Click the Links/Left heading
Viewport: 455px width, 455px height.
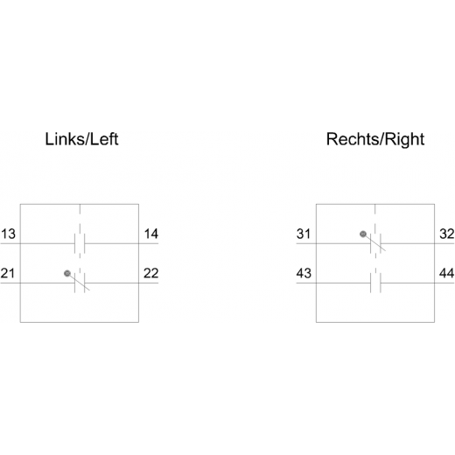[x=81, y=139]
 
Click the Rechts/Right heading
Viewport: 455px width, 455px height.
[x=375, y=140]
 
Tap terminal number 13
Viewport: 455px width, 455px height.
[x=8, y=234]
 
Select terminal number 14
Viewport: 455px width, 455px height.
[x=151, y=234]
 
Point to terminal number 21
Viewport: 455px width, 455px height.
[x=8, y=273]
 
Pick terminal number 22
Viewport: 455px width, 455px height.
[x=151, y=273]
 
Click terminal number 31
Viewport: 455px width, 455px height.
[x=304, y=234]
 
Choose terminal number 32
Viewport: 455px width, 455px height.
[x=447, y=234]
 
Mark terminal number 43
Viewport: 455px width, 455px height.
[x=304, y=273]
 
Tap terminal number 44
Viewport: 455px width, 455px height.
[x=447, y=273]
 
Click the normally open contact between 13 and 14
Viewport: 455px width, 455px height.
[x=80, y=243]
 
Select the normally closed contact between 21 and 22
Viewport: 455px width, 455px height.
[x=80, y=283]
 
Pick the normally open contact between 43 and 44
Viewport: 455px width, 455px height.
[x=375, y=283]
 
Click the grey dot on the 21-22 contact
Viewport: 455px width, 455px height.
[x=67, y=273]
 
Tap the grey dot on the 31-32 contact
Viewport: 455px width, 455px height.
[x=363, y=234]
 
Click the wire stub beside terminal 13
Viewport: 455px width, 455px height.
[x=10, y=243]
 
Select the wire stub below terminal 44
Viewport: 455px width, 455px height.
[x=444, y=283]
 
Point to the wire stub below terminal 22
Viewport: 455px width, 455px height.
[x=149, y=283]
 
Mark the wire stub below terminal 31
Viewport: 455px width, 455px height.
[x=306, y=243]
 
